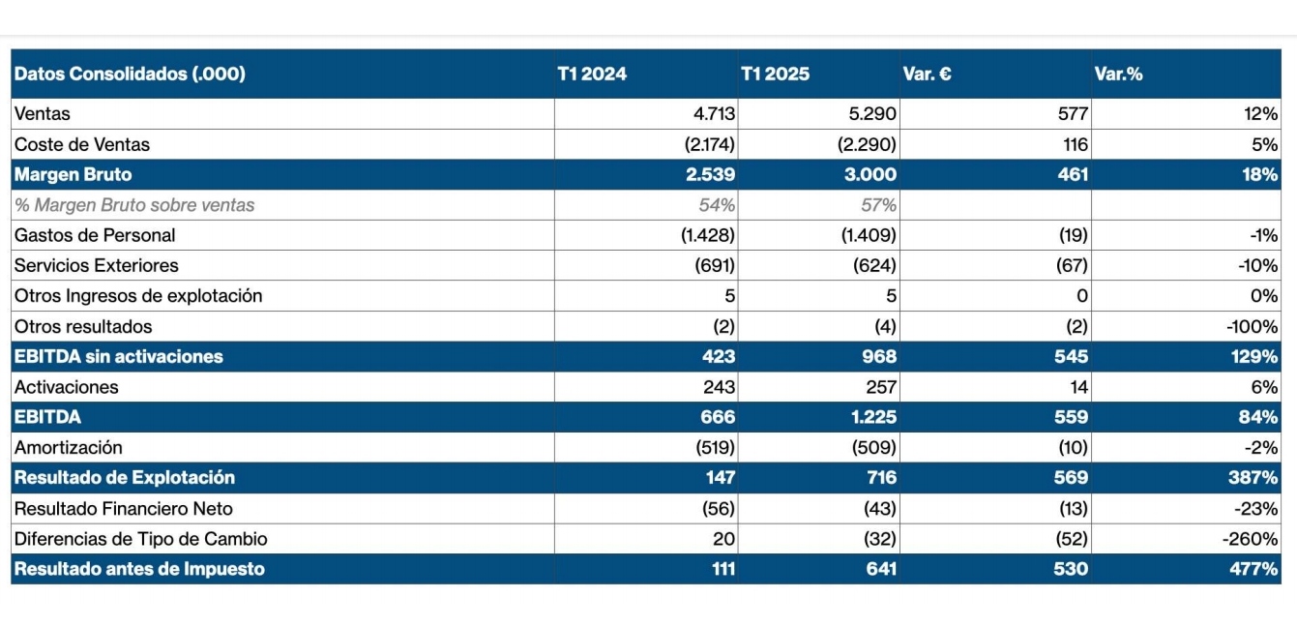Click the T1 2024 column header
point(592,74)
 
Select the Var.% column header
point(1118,74)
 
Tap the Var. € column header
point(927,74)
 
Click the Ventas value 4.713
point(714,114)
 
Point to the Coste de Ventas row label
point(82,144)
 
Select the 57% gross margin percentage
point(878,205)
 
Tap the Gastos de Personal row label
point(95,235)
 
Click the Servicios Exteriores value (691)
point(715,265)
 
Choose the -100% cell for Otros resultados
point(1251,326)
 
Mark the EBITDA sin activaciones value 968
point(879,357)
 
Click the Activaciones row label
point(66,387)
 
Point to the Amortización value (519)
point(715,447)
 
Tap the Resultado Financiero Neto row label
point(123,508)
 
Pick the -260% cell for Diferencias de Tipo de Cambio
point(1251,539)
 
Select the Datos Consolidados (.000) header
point(130,74)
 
